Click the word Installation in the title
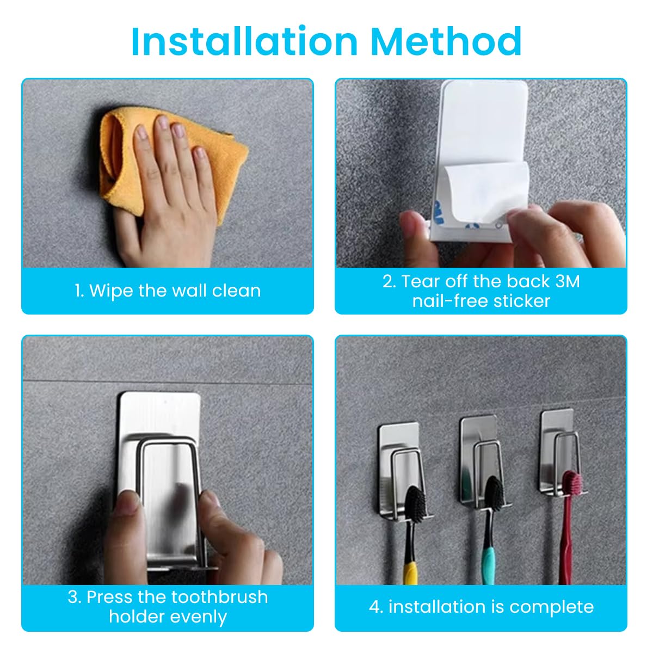coord(245,41)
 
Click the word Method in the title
coord(446,41)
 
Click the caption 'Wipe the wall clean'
coord(168,291)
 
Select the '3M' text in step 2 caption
coord(567,281)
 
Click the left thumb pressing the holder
coord(126,503)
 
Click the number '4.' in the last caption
coord(376,607)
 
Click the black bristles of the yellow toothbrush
coord(415,503)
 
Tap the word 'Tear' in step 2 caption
coord(420,281)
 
